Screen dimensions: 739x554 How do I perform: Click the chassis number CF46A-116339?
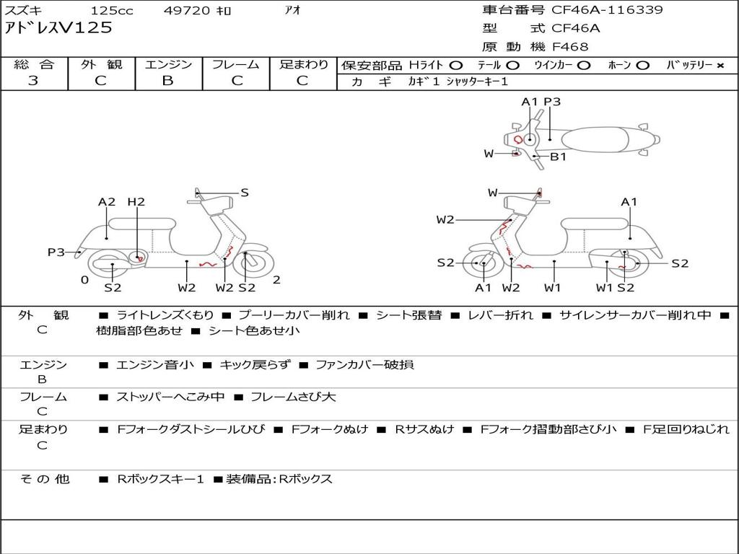pos(607,9)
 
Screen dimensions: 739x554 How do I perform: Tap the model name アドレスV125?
pos(58,28)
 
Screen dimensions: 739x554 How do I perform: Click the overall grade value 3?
pos(33,81)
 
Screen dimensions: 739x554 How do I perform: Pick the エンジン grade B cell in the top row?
pos(167,81)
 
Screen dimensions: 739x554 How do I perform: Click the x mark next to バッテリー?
pos(720,66)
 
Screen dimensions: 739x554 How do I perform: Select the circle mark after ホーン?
pos(642,66)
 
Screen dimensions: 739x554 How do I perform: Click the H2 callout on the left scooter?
pos(136,202)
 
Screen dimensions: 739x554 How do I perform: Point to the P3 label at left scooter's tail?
pos(56,252)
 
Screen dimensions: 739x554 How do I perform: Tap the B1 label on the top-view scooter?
pos(559,157)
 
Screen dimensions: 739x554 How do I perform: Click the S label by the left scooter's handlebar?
pos(245,192)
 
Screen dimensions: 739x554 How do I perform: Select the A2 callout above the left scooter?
pos(107,202)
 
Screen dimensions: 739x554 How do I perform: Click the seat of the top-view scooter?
pos(595,140)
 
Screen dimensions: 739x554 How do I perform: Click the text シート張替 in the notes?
pos(409,315)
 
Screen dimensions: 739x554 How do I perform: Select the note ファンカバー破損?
pos(364,364)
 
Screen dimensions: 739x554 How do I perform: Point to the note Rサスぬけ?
pos(424,429)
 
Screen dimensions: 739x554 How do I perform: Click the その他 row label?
pos(44,479)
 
